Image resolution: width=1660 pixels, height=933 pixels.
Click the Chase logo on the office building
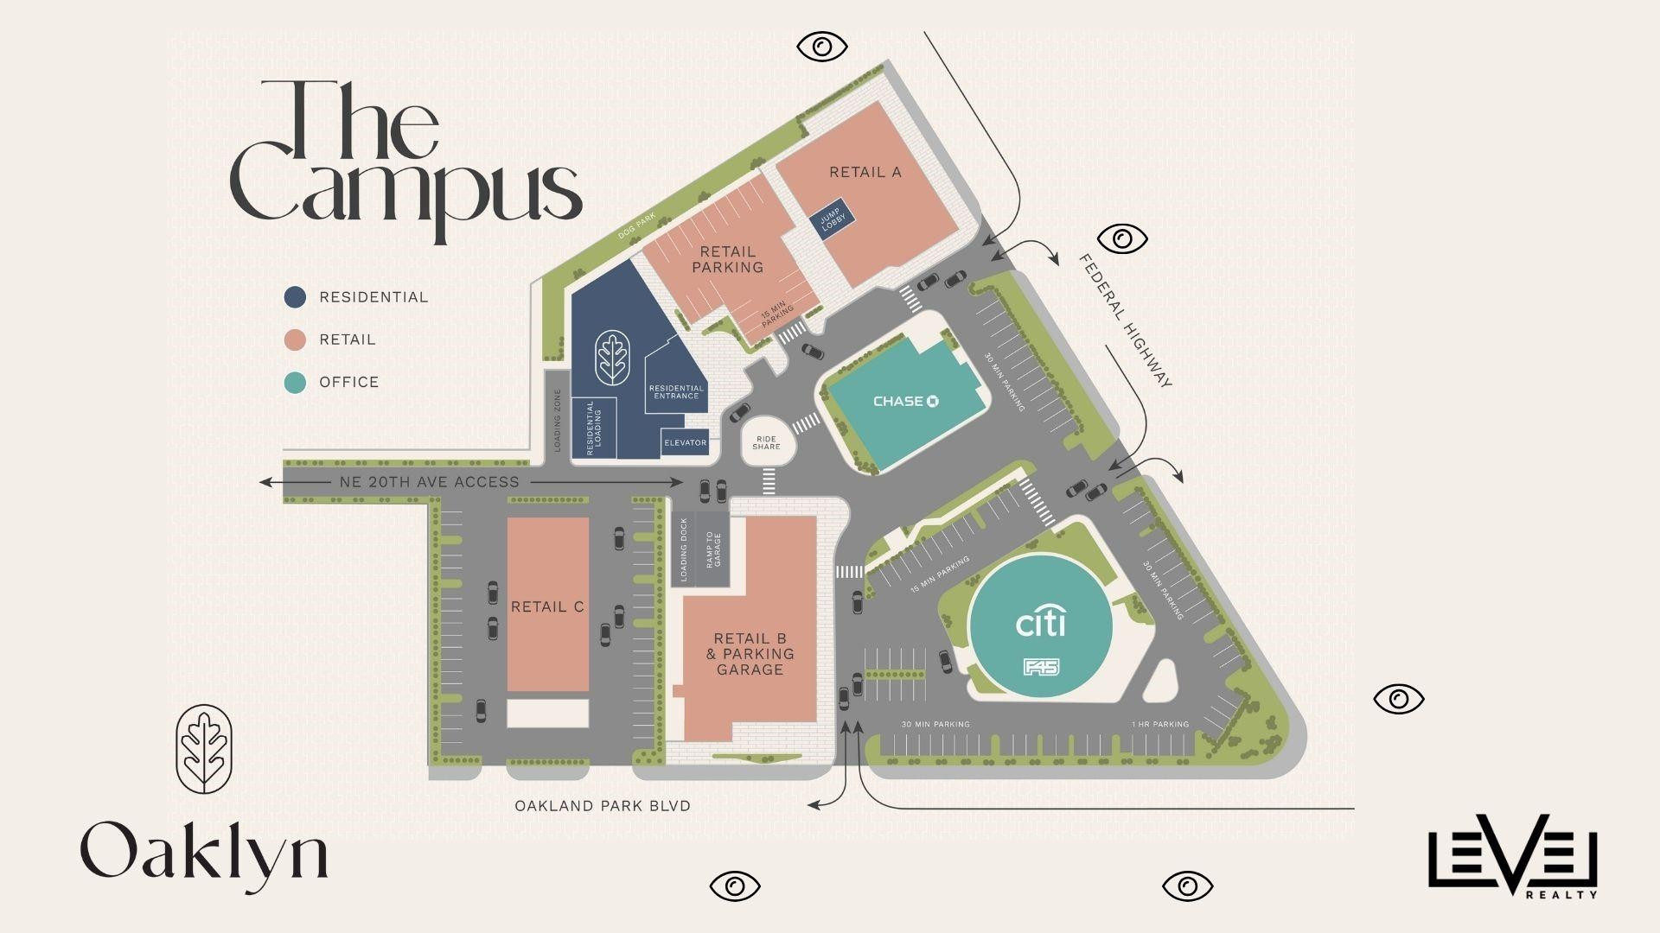click(x=906, y=401)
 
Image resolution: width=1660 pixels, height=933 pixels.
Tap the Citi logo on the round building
click(x=1039, y=623)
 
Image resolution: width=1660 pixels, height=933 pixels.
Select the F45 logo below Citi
click(x=1041, y=667)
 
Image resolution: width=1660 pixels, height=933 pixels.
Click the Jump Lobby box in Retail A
click(x=830, y=219)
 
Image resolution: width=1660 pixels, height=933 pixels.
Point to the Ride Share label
click(x=766, y=442)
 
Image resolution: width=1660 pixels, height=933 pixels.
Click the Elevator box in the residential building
click(x=685, y=442)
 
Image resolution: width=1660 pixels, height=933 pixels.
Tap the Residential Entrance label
click(x=675, y=391)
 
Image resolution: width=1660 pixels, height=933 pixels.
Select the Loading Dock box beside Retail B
click(x=683, y=549)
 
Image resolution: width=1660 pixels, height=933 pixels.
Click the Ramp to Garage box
click(x=713, y=549)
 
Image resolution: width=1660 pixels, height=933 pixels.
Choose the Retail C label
click(x=547, y=606)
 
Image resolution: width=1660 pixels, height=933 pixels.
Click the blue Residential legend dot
click(x=296, y=297)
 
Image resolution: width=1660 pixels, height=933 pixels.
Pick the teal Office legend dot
click(x=296, y=382)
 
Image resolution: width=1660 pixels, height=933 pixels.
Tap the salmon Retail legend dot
click(x=296, y=340)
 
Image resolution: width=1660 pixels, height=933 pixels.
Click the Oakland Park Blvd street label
click(x=603, y=806)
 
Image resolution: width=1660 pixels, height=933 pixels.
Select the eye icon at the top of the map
click(x=822, y=46)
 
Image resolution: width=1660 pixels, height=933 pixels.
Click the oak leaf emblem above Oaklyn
click(x=204, y=749)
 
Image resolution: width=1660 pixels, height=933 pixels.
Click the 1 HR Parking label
click(x=1159, y=724)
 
